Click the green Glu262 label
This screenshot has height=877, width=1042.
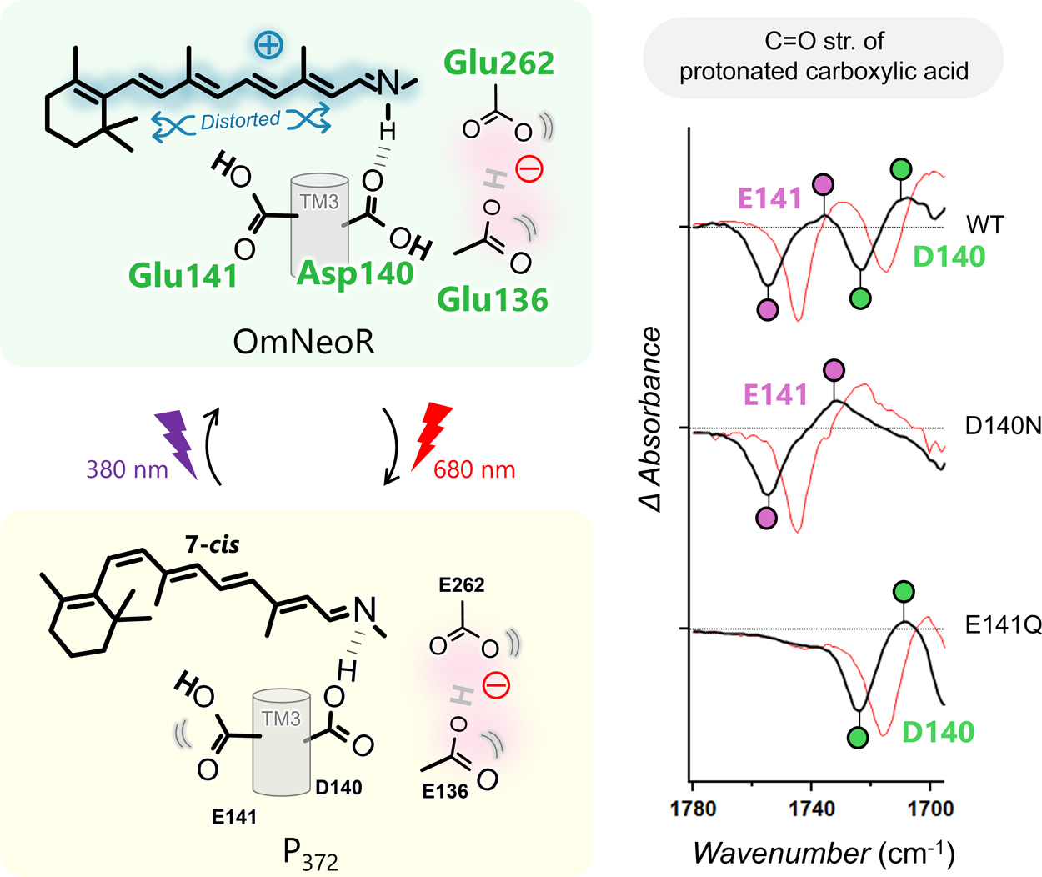tap(498, 63)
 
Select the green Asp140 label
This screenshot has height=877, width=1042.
tap(355, 273)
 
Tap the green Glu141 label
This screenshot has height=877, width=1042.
tap(183, 275)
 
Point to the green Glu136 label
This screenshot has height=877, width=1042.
tap(493, 299)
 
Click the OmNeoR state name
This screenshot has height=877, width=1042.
tap(303, 342)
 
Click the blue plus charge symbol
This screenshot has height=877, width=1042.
tap(268, 45)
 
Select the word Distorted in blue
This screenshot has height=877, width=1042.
tap(240, 121)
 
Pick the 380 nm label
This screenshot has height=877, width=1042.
tap(127, 469)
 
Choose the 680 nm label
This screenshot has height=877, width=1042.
tap(474, 470)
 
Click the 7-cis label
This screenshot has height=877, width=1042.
tap(212, 545)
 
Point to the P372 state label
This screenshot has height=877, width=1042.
tap(310, 854)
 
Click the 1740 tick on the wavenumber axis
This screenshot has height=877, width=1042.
tap(811, 808)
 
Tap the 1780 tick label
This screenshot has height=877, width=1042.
tap(693, 808)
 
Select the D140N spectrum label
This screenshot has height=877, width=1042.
tap(1003, 426)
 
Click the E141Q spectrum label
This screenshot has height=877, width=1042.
tap(1003, 624)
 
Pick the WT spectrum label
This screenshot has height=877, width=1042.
tap(985, 225)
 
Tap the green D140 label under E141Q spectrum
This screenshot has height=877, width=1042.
tap(938, 732)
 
